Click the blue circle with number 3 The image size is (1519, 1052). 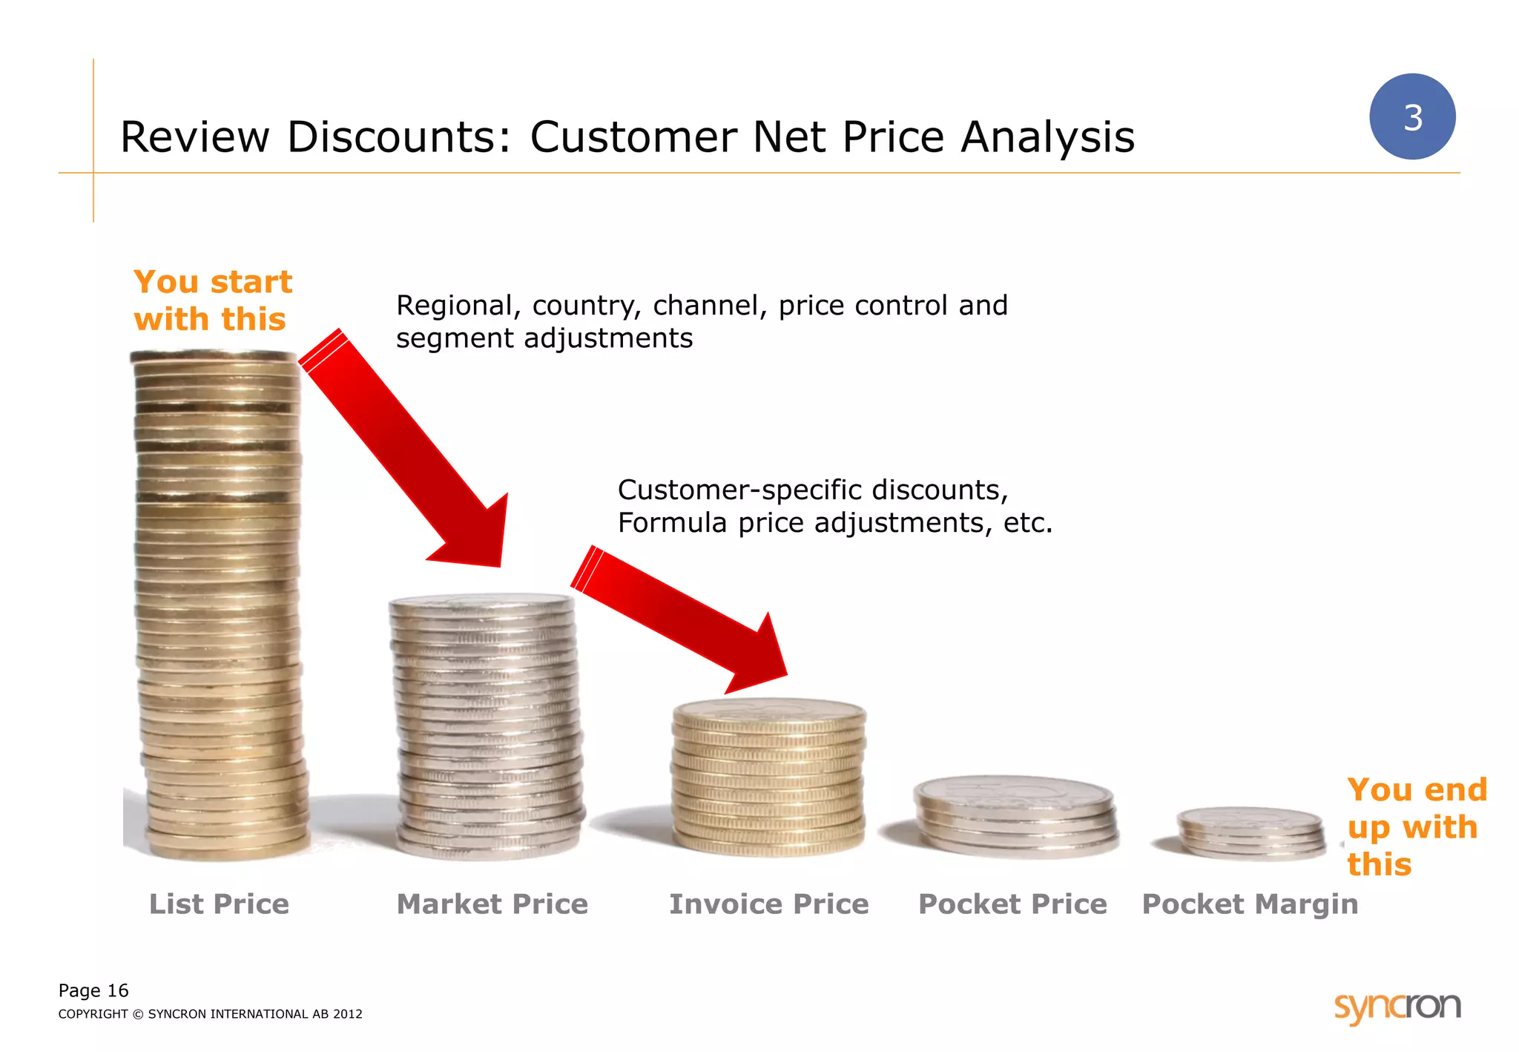pos(1411,116)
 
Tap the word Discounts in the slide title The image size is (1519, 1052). pos(399,137)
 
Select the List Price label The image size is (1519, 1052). pos(219,904)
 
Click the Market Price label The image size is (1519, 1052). pos(492,904)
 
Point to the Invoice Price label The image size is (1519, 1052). pos(768,904)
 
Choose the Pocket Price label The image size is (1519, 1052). pos(1012,904)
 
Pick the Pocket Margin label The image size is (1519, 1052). pos(1250,904)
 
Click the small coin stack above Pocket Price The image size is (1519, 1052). pos(1015,815)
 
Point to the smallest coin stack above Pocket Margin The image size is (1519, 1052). pos(1251,834)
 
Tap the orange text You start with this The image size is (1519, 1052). pos(213,300)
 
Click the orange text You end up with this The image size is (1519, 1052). pos(1416,826)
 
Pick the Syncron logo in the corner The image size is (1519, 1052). pos(1397,1007)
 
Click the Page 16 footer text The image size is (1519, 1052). pos(93,990)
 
